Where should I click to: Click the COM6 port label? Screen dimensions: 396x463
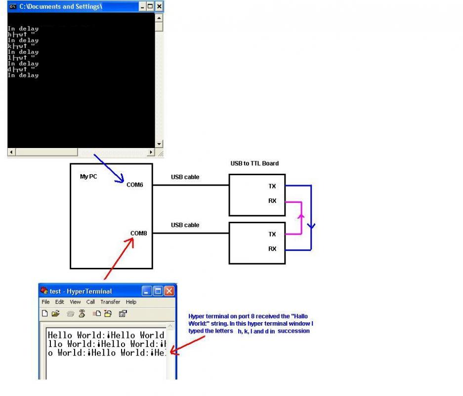point(135,185)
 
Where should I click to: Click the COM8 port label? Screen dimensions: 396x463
point(138,233)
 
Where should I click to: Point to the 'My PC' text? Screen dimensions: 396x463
point(88,176)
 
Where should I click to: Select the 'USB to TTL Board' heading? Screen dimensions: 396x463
point(254,163)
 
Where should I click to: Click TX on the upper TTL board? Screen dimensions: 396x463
point(272,187)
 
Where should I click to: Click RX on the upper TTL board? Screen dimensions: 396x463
point(272,201)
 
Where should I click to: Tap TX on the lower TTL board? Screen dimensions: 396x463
point(272,234)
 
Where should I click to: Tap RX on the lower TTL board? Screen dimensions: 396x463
point(272,249)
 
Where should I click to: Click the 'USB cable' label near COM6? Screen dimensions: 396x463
point(185,177)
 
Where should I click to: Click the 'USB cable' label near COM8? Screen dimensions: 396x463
point(185,225)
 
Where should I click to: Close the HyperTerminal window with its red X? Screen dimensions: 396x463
point(169,291)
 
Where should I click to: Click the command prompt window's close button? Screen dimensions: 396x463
point(159,7)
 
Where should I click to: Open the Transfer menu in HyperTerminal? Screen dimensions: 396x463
point(110,302)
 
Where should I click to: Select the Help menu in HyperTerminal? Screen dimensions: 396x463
point(131,302)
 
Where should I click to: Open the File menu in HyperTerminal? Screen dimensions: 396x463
point(45,302)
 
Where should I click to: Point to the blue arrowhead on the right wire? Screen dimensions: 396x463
point(311,226)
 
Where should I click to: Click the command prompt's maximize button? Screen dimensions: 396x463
point(150,7)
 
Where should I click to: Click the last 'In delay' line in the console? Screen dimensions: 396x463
point(23,75)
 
